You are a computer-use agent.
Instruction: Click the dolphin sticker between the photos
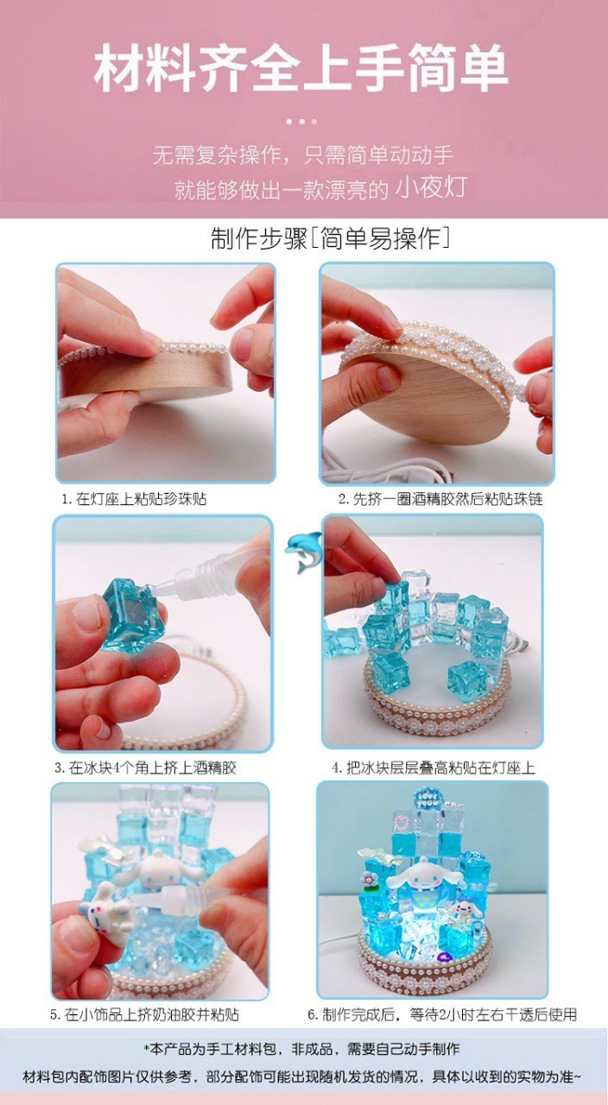[303, 552]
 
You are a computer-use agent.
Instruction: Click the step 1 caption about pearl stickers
[134, 499]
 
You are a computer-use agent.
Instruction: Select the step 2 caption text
[440, 499]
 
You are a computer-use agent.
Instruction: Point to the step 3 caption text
[146, 768]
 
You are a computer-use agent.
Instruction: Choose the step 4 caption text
[434, 768]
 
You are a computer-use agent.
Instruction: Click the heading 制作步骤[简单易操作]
[330, 239]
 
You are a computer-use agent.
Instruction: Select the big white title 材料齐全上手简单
[301, 68]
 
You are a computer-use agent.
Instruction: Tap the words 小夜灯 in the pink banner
[431, 188]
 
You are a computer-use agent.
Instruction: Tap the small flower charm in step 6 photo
[368, 879]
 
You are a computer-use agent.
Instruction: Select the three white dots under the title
[301, 122]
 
